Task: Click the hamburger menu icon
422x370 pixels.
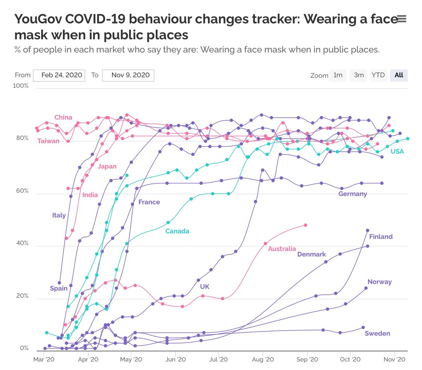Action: [401, 19]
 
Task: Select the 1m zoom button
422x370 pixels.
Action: [338, 75]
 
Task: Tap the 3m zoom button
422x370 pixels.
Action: [358, 75]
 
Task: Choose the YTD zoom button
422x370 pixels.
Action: [378, 75]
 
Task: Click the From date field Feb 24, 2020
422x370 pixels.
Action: [59, 75]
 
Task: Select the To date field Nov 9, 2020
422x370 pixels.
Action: [128, 75]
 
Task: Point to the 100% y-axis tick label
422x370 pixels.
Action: [21, 86]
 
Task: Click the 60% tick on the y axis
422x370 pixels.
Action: [22, 191]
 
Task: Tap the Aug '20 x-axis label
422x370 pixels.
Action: [263, 359]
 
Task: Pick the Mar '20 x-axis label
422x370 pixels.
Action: [44, 359]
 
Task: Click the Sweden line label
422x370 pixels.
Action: [377, 333]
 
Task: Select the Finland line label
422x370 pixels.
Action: [381, 237]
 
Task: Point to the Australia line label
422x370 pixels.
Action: [282, 249]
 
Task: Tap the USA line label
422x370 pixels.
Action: [397, 151]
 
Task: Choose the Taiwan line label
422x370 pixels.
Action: [49, 141]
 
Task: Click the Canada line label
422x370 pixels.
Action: [177, 231]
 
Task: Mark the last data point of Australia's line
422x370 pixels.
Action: [305, 225]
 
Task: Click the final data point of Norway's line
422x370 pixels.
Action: [366, 288]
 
